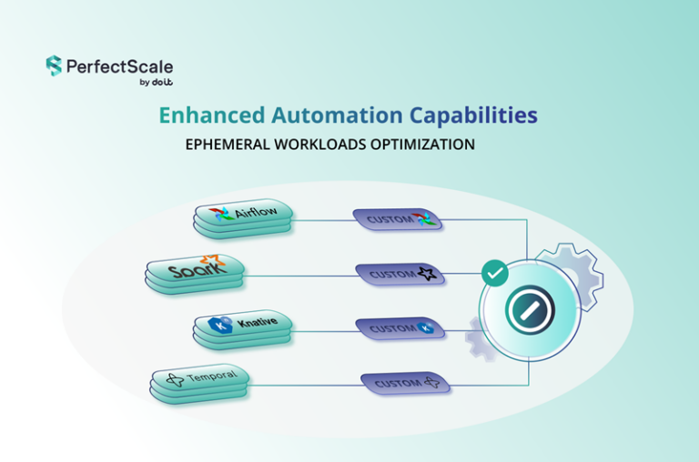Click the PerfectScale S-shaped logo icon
pos(54,65)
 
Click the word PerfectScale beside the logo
pos(119,66)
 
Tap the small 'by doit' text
pos(156,82)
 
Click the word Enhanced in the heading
pos(212,115)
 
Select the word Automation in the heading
pos(337,115)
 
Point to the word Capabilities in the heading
pos(473,115)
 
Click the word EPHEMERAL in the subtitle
pos(228,145)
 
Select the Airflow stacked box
pos(243,218)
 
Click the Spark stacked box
pos(195,274)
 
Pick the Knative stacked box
pos(243,330)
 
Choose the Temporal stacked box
pos(199,384)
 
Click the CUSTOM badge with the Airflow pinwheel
pos(398,220)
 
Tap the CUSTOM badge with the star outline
pos(400,275)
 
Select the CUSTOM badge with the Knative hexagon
pos(400,329)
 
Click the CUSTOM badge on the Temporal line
pos(405,384)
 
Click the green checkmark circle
pos(495,273)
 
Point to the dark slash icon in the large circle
pos(530,310)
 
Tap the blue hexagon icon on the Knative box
pos(220,326)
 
